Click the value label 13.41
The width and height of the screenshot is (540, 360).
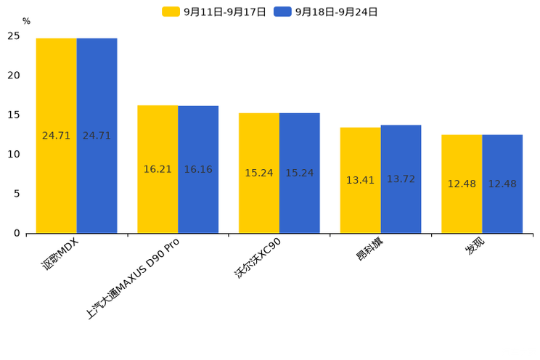[360, 180]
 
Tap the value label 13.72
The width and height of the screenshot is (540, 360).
[401, 179]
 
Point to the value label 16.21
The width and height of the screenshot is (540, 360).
[157, 169]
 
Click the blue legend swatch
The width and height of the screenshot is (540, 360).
[282, 12]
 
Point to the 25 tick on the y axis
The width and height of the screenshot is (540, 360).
[14, 36]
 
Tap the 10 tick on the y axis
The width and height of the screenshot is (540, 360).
[14, 154]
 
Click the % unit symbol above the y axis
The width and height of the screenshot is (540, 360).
[26, 21]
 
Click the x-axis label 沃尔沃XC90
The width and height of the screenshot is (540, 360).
[258, 258]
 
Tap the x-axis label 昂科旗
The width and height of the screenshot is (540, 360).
[369, 249]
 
